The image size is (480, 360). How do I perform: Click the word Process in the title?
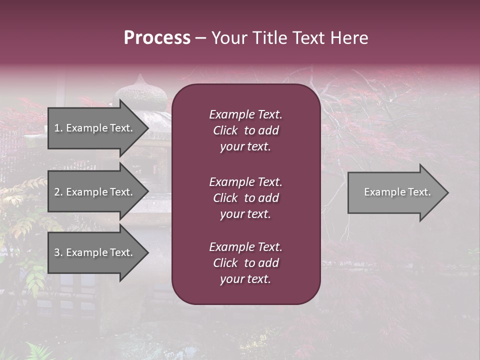157,38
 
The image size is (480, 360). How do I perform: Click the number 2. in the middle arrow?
58,192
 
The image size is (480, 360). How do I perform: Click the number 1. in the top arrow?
58,128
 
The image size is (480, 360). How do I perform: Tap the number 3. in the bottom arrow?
58,252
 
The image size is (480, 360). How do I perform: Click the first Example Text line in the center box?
245,114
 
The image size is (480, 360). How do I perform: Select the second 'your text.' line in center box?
245,214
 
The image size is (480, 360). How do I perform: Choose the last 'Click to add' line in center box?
245,263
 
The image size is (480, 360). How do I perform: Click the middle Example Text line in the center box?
245,182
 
